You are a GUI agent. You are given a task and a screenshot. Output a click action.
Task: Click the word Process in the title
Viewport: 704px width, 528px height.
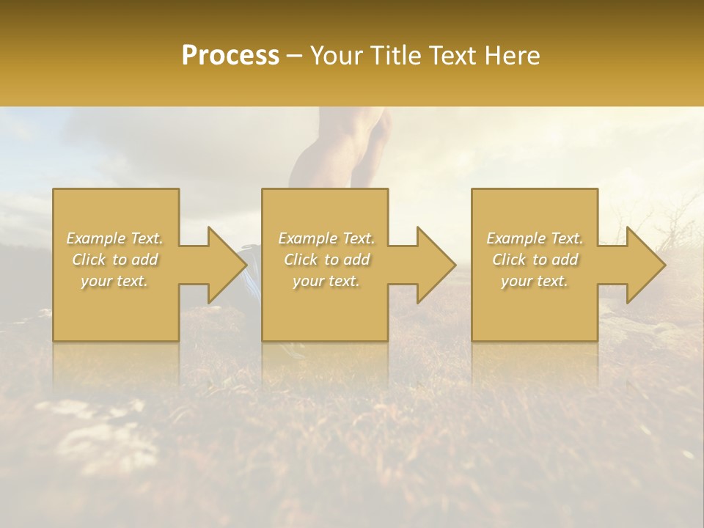click(230, 56)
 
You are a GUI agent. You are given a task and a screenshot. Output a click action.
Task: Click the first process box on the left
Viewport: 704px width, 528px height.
click(116, 315)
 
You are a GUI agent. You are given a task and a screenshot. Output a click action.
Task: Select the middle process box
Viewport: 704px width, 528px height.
click(325, 315)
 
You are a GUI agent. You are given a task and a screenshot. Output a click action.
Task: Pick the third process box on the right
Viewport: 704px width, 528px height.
click(535, 315)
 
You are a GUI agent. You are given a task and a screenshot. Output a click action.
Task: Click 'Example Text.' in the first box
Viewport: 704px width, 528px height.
click(115, 238)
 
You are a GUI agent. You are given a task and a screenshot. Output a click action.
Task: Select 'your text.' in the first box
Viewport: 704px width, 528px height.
click(114, 281)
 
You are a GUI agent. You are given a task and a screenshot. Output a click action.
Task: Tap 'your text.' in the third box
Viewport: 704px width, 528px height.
click(535, 281)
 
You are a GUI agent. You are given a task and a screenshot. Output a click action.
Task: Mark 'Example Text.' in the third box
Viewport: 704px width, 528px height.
click(535, 238)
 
